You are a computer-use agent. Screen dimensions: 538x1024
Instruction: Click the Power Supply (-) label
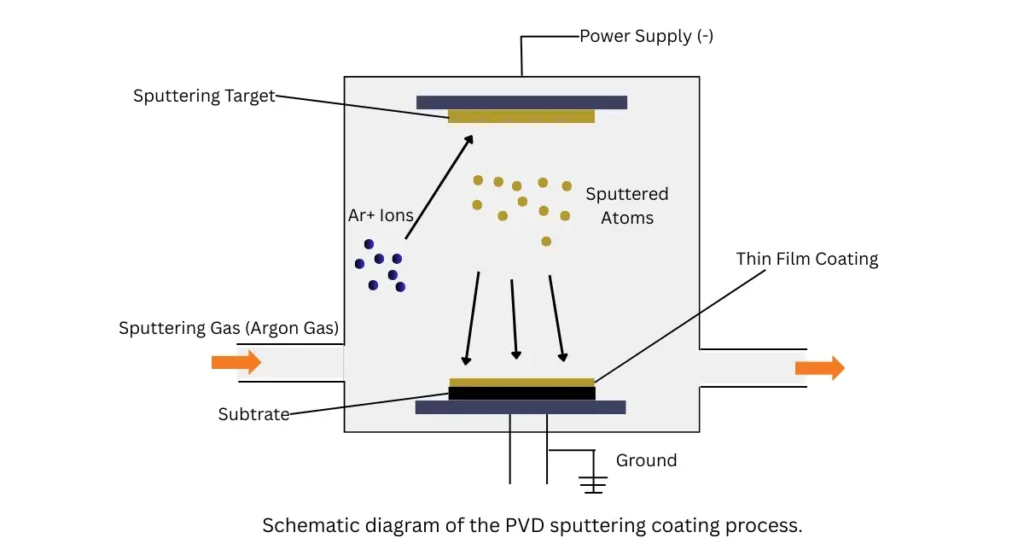[646, 36]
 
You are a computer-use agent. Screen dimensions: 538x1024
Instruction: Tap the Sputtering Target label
[203, 96]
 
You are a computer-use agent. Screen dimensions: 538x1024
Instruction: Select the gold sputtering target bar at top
[521, 116]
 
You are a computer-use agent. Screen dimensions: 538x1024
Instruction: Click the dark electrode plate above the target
[521, 102]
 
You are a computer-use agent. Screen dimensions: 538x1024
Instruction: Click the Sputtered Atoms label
[627, 206]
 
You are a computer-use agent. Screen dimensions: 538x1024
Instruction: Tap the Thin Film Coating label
[807, 259]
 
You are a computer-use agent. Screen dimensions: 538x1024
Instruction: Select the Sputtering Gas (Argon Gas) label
[228, 328]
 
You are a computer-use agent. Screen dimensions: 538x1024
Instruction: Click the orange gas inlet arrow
[236, 362]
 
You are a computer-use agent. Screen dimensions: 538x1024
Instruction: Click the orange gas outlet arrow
[819, 368]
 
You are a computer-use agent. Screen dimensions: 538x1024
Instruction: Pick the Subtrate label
[254, 414]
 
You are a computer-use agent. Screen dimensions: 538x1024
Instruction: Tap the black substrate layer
[521, 393]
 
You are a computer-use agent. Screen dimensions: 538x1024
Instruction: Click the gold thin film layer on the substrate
[521, 382]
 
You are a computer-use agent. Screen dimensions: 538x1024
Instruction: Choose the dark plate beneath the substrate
[520, 407]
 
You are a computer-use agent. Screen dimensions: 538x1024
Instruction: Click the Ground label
[646, 461]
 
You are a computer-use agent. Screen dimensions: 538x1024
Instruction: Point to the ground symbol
[594, 484]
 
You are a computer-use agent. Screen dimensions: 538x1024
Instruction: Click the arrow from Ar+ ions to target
[439, 187]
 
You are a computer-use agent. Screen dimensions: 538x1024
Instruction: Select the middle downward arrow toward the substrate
[514, 318]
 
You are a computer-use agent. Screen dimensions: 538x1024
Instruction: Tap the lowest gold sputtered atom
[546, 241]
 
